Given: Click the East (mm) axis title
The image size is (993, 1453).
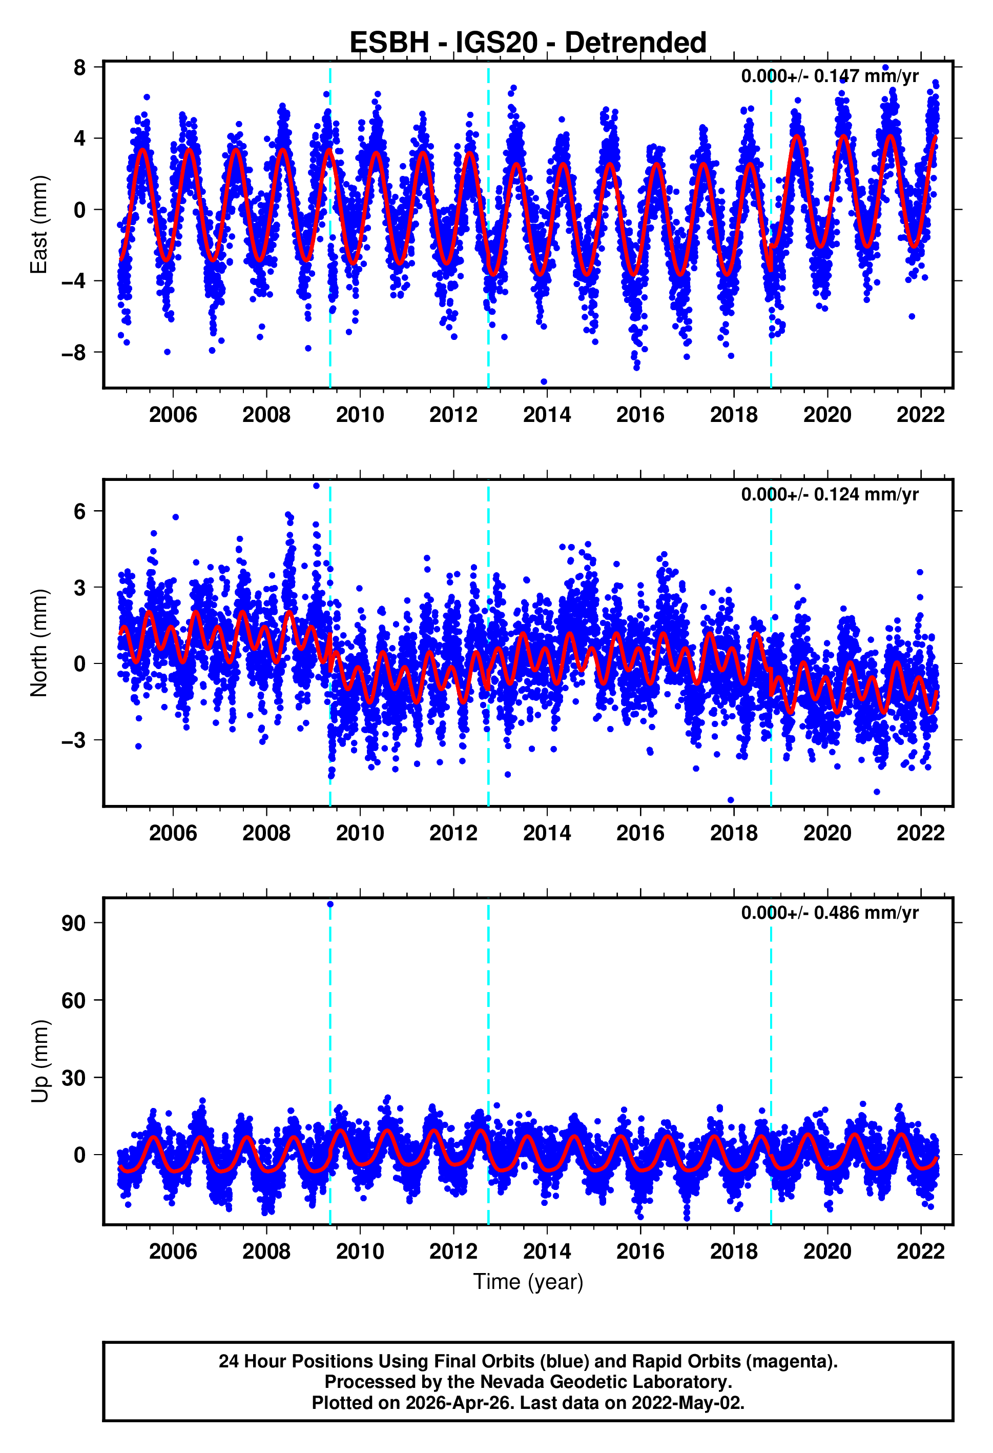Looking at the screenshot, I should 39,225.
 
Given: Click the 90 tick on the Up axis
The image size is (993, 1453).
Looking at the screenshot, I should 73,923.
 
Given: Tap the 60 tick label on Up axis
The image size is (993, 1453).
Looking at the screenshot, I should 73,1000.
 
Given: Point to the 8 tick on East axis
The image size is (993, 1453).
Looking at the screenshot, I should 79,67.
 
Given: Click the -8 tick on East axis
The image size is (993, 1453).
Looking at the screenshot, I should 73,353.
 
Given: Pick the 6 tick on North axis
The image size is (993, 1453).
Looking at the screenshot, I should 79,512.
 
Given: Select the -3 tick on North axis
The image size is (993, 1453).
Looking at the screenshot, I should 73,740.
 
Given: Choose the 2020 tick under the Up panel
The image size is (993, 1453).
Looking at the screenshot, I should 827,1251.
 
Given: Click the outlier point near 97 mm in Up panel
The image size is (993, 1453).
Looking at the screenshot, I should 330,904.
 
